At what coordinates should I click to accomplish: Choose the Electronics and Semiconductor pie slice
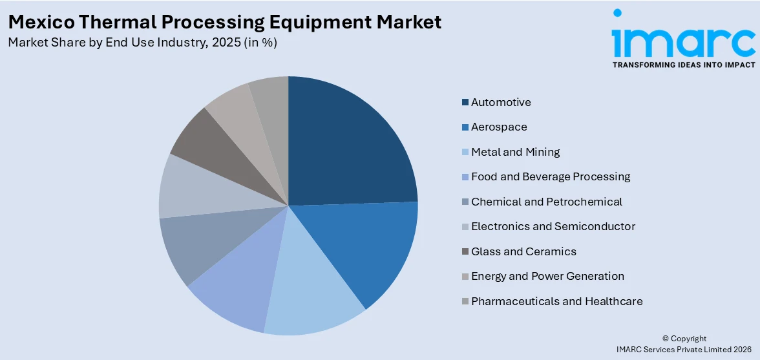[x=194, y=187]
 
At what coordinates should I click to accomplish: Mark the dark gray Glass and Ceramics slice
[x=207, y=145]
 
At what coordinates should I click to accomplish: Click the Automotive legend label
[x=501, y=102]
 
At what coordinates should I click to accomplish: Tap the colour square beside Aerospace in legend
[x=465, y=127]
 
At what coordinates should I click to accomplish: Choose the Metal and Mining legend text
[x=515, y=152]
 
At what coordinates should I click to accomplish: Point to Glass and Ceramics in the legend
[x=523, y=251]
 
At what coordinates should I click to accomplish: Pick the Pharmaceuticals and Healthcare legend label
[x=556, y=301]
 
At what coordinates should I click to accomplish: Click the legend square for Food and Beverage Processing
[x=465, y=177]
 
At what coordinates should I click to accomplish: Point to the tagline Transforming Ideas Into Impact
[x=683, y=65]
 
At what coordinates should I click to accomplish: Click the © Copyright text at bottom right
[x=684, y=339]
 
